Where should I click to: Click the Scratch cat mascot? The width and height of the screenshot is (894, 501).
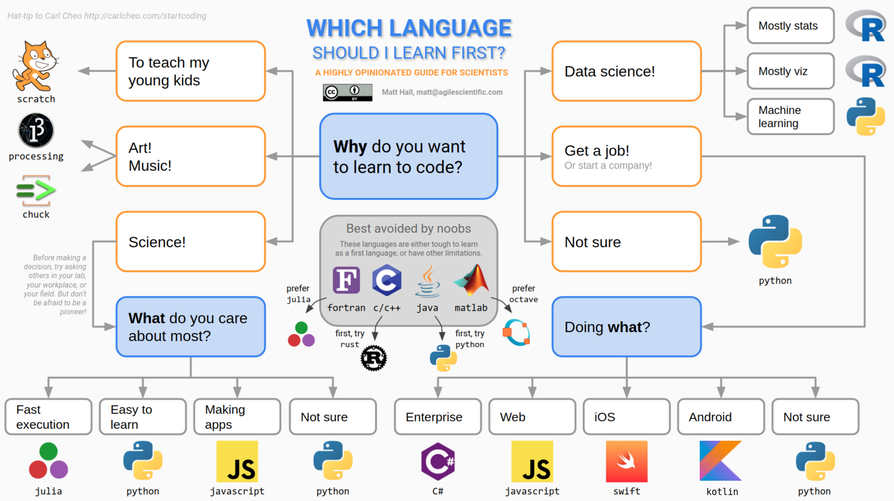[35, 66]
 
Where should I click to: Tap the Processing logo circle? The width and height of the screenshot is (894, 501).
[36, 130]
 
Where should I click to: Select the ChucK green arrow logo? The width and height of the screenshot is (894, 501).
[36, 190]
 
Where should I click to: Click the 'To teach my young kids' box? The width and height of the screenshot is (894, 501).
[191, 71]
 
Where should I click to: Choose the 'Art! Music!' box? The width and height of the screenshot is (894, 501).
[191, 156]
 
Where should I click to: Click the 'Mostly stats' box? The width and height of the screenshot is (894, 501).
[791, 26]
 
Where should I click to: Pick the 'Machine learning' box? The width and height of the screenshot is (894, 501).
[791, 117]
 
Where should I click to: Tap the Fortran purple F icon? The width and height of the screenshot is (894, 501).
[346, 280]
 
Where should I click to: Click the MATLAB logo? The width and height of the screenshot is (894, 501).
[471, 280]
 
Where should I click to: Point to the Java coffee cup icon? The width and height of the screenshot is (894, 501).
[427, 281]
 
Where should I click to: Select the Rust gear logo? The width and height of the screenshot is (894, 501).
[374, 358]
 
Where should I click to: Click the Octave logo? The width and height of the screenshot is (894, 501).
[517, 332]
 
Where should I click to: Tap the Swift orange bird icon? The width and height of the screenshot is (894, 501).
[626, 462]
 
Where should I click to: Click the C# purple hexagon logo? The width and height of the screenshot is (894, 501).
[438, 462]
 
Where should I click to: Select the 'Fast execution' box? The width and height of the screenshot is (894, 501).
[48, 417]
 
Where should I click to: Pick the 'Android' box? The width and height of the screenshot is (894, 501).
[721, 417]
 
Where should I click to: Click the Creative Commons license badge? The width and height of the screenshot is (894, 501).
[347, 92]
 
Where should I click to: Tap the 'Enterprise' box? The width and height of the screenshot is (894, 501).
[438, 417]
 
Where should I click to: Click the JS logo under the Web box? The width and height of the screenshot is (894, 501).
[532, 462]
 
